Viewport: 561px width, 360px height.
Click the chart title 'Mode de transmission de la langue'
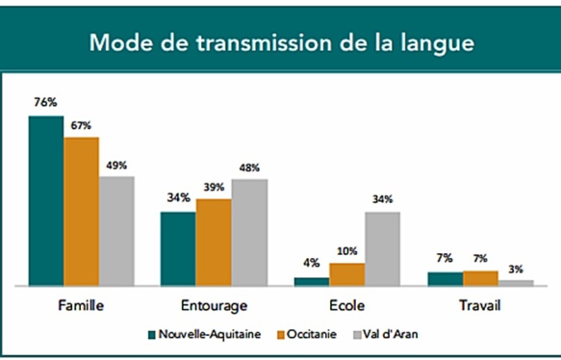pyautogui.click(x=281, y=43)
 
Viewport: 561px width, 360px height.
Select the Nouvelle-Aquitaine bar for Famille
pyautogui.click(x=46, y=200)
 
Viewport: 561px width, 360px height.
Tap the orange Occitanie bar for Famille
pyautogui.click(x=81, y=212)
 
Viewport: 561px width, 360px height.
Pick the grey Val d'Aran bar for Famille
pyautogui.click(x=116, y=231)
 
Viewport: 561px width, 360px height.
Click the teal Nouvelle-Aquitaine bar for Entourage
pyautogui.click(x=178, y=248)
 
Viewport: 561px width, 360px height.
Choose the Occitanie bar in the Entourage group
pyautogui.click(x=214, y=243)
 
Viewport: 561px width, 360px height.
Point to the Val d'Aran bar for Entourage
pyautogui.click(x=248, y=232)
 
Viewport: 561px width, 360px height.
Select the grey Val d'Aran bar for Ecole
pyautogui.click(x=382, y=248)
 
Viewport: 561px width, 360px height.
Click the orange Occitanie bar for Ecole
pyautogui.click(x=347, y=274)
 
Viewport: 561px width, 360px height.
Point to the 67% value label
pyautogui.click(x=81, y=125)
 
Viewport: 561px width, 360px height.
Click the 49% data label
pyautogui.click(x=116, y=165)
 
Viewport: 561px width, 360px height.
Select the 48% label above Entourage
pyautogui.click(x=248, y=167)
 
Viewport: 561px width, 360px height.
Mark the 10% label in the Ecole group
pyautogui.click(x=347, y=251)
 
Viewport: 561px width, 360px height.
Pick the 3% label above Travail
pyautogui.click(x=516, y=269)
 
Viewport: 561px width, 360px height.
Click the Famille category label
pyautogui.click(x=81, y=305)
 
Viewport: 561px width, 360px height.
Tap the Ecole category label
pyautogui.click(x=346, y=305)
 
